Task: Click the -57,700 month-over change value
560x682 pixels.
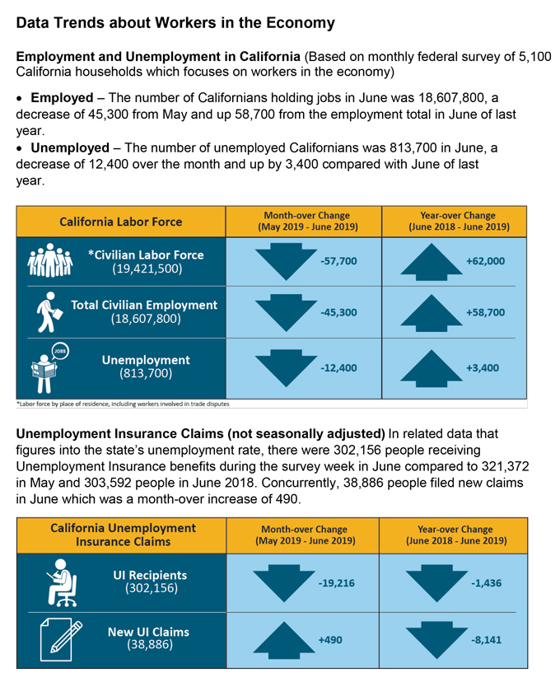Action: pyautogui.click(x=338, y=261)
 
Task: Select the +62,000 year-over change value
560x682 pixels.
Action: pyautogui.click(x=485, y=261)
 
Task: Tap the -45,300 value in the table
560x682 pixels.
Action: pyautogui.click(x=338, y=312)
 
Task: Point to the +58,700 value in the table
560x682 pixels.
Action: pyautogui.click(x=485, y=312)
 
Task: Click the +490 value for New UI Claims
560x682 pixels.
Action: pyautogui.click(x=330, y=640)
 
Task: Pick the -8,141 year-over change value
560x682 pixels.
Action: pyautogui.click(x=486, y=640)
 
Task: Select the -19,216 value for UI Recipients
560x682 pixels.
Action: pyautogui.click(x=336, y=583)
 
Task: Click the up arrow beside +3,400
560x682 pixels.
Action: pyautogui.click(x=431, y=368)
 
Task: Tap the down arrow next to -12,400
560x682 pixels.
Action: pyautogui.click(x=286, y=368)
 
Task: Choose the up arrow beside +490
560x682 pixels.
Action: pyautogui.click(x=284, y=640)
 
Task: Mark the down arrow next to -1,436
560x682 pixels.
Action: pyautogui.click(x=436, y=583)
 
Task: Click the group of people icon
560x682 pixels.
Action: pyautogui.click(x=50, y=260)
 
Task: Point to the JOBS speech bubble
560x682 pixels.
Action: pyautogui.click(x=60, y=351)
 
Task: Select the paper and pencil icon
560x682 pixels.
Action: pyautogui.click(x=61, y=639)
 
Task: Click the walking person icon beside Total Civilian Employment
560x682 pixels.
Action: pyautogui.click(x=49, y=312)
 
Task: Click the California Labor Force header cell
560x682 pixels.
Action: pyautogui.click(x=121, y=222)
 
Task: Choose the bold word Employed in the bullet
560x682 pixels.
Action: pyautogui.click(x=62, y=98)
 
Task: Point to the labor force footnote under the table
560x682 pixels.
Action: pyautogui.click(x=123, y=404)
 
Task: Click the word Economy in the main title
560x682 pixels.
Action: pyautogui.click(x=301, y=23)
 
